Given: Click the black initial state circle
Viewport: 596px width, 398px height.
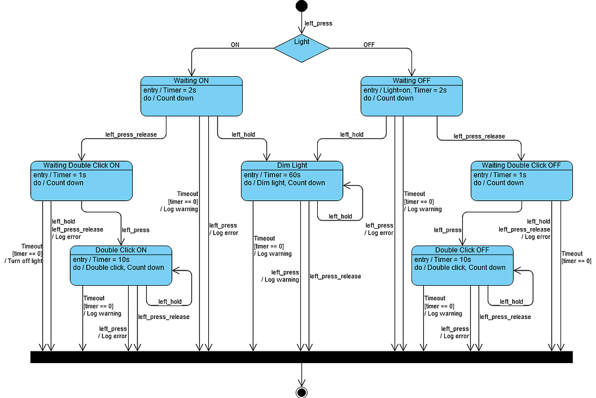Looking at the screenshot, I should point(301,6).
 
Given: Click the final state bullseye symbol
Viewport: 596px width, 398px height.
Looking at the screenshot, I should point(301,392).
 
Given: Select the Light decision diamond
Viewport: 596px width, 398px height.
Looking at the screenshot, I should point(301,48).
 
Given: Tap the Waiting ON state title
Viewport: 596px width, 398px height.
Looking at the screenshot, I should point(191,81).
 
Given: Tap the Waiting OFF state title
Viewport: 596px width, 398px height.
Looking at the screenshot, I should point(411,81).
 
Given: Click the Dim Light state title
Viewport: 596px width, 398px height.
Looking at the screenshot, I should point(292,166).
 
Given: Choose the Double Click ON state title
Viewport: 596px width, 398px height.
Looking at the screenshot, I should point(121,250).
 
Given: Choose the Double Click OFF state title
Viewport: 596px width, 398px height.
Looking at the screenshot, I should point(462,250).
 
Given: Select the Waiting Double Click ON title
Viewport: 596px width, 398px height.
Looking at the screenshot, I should point(81,166).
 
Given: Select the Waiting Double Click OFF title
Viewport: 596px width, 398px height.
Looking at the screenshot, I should point(521,166).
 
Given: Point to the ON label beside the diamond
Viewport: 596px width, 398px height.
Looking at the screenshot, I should point(235,44).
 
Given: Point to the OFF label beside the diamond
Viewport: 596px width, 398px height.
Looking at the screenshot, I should point(369,44).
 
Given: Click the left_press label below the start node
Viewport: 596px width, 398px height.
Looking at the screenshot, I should point(318,23).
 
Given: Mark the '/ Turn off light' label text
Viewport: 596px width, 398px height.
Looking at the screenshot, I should point(23,261).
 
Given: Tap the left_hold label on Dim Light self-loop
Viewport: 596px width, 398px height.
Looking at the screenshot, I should point(340,216).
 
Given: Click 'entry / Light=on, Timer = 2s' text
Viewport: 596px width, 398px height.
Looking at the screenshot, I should point(406,90).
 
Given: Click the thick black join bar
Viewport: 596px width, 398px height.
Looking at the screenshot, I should point(301,357).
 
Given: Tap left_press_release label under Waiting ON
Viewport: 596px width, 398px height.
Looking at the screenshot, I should point(131,134).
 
